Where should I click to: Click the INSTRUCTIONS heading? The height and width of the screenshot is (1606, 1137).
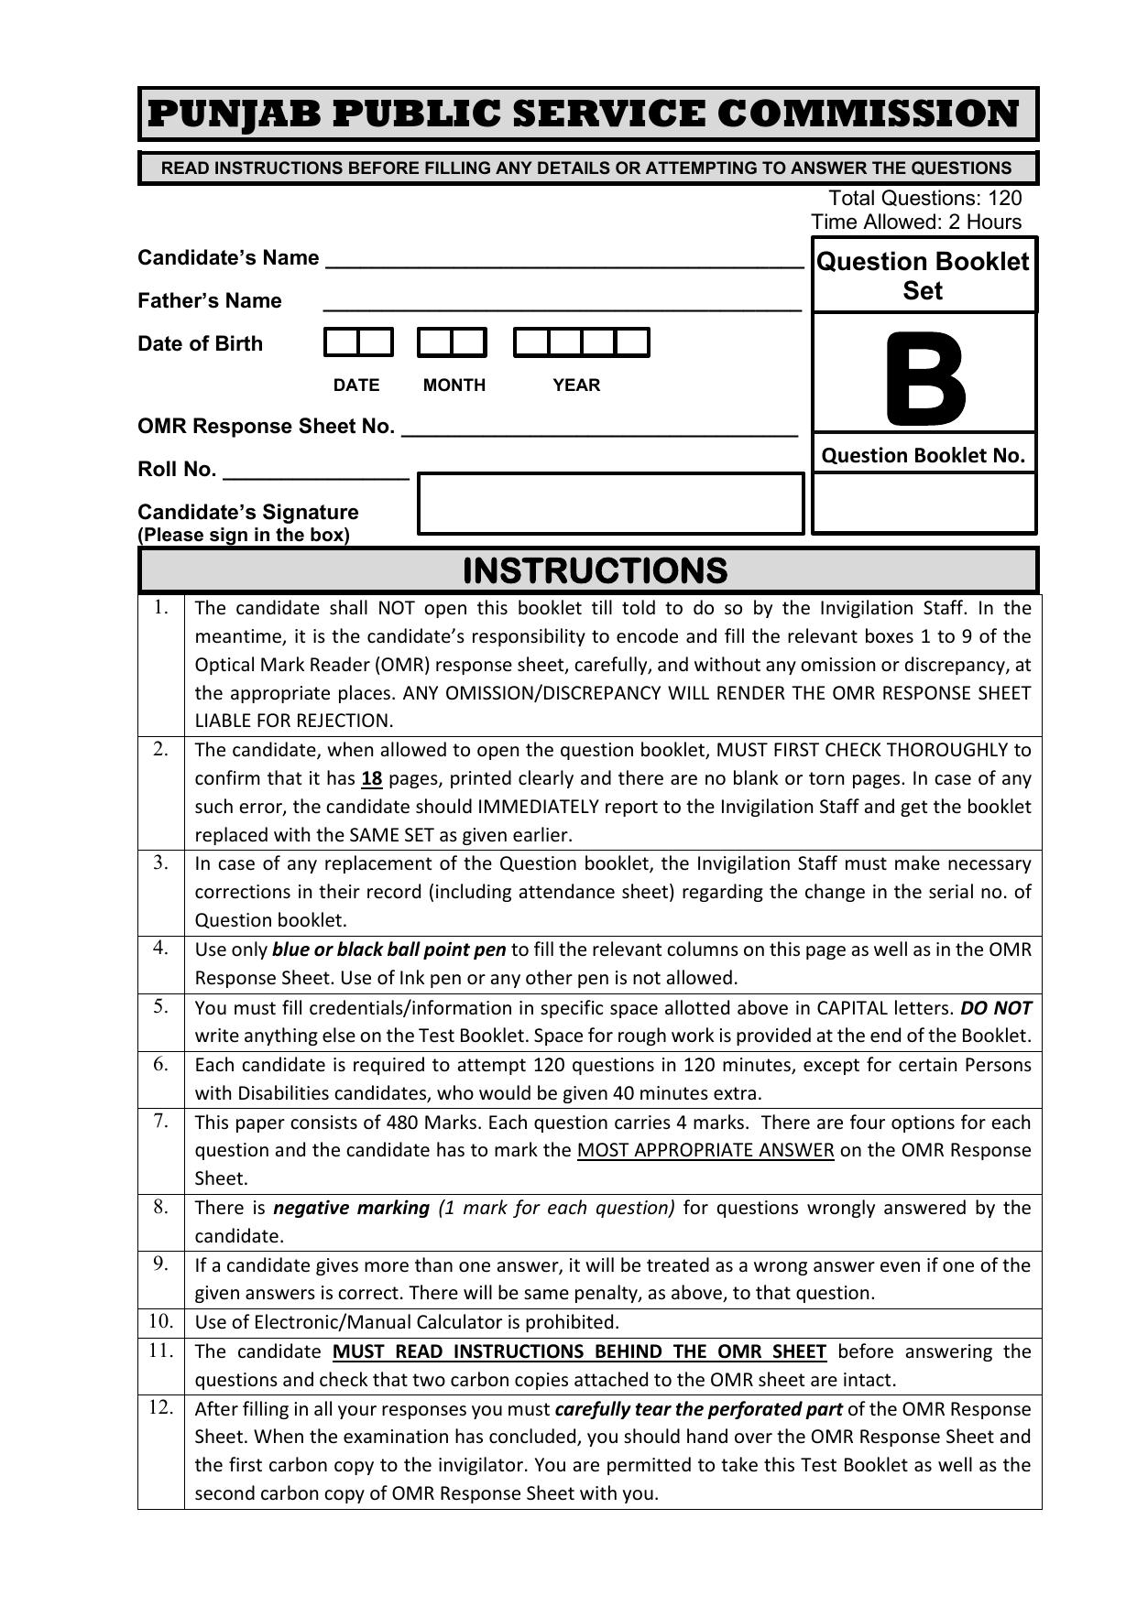pyautogui.click(x=595, y=570)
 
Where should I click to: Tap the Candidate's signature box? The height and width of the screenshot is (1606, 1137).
pyautogui.click(x=610, y=504)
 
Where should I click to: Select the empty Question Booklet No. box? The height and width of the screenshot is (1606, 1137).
pyautogui.click(x=924, y=503)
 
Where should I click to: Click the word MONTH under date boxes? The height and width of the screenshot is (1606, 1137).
pyautogui.click(x=454, y=385)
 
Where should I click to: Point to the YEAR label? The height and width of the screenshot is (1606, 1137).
pyautogui.click(x=576, y=385)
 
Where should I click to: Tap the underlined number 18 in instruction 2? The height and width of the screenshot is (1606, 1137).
pyautogui.click(x=371, y=779)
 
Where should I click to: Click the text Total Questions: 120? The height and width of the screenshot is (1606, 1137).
pyautogui.click(x=924, y=199)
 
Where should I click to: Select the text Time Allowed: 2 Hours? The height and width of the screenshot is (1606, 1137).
pyautogui.click(x=915, y=222)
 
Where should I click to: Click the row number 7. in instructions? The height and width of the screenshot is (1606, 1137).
pyautogui.click(x=161, y=1122)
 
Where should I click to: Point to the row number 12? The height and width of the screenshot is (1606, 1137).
pyautogui.click(x=161, y=1407)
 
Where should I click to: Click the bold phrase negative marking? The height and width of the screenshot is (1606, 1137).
pyautogui.click(x=351, y=1208)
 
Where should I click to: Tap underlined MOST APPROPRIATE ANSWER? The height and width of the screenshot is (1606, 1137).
pyautogui.click(x=705, y=1151)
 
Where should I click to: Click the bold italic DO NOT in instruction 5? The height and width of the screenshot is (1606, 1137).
pyautogui.click(x=995, y=1008)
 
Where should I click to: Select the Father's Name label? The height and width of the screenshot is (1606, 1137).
pyautogui.click(x=210, y=301)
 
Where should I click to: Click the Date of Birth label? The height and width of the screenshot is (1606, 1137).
pyautogui.click(x=200, y=344)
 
